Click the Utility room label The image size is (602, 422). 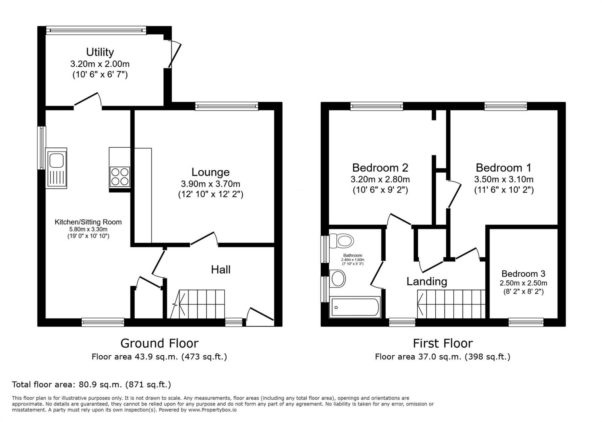[100, 52]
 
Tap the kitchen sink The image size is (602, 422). [56, 168]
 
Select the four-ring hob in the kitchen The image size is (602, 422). [120, 177]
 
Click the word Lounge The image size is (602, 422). [210, 172]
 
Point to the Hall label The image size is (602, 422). [220, 270]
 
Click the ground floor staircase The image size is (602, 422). [198, 304]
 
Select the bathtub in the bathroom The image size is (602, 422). [355, 307]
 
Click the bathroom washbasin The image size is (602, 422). [337, 279]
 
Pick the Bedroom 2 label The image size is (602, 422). [380, 168]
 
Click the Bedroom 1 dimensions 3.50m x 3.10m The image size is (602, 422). [504, 179]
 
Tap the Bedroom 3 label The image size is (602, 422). [523, 274]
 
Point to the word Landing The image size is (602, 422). [427, 282]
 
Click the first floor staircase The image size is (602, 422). [451, 304]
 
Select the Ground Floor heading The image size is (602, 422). [160, 343]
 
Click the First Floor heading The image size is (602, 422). [442, 343]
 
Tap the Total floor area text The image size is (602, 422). [91, 385]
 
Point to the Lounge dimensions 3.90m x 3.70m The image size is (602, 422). [210, 184]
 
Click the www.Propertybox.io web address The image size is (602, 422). [212, 410]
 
